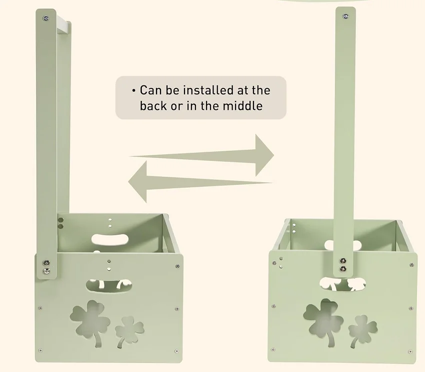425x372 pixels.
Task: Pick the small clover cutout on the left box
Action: point(129,330)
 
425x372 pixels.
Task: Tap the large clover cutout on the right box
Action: point(323,320)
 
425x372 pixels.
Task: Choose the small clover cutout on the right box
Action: point(362,330)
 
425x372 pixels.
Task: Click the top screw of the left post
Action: point(46,18)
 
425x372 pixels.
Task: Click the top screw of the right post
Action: point(345,16)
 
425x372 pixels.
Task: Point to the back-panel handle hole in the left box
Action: point(110,240)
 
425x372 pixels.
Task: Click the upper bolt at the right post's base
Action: point(343,261)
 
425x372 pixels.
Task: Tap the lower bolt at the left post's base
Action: point(46,271)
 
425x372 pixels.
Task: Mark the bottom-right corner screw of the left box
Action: point(176,351)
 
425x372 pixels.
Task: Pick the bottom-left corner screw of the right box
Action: point(273,350)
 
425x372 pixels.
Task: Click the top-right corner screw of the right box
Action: point(411,265)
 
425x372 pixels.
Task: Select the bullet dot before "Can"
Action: point(133,90)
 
